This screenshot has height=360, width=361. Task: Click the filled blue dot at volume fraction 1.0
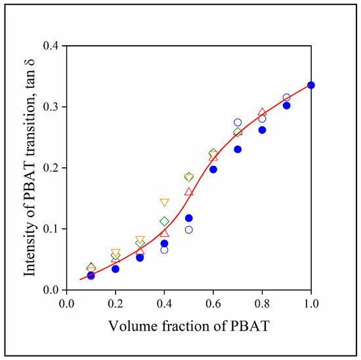(x=311, y=85)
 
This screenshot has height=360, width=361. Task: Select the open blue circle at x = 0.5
(x=189, y=230)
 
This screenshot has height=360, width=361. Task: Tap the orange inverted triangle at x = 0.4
(x=164, y=203)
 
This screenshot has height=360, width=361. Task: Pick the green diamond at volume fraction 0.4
(x=164, y=222)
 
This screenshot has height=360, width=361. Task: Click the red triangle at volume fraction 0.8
(x=262, y=112)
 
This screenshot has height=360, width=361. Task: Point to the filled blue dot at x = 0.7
(x=238, y=150)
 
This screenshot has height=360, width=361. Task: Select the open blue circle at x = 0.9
(x=286, y=97)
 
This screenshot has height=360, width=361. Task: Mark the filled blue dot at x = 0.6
(x=213, y=169)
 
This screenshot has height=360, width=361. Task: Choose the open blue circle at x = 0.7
(x=238, y=123)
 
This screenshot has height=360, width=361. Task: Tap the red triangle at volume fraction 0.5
(x=189, y=191)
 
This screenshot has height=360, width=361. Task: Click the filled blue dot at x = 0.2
(x=116, y=269)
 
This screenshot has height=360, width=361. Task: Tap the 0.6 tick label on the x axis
(x=213, y=304)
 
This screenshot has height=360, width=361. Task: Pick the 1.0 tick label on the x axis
(x=311, y=304)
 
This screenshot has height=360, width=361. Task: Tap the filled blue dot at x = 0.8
(x=262, y=130)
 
